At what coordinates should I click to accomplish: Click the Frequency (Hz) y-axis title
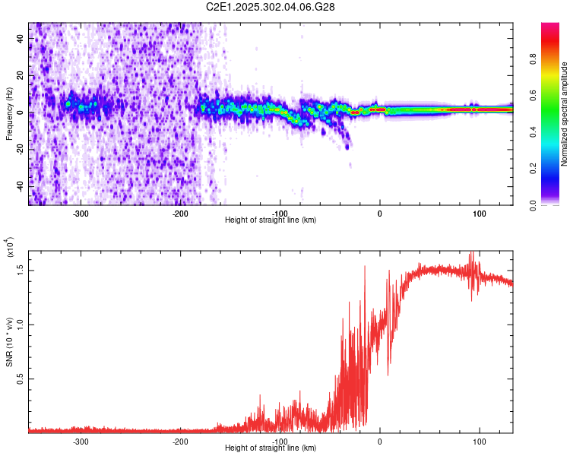(x=9, y=113)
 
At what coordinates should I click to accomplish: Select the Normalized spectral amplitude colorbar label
(x=565, y=113)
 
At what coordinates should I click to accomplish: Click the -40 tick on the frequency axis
(x=19, y=185)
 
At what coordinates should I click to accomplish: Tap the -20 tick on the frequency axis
(x=19, y=149)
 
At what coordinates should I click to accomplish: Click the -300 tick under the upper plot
(x=81, y=214)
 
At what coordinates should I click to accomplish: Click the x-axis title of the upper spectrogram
(x=271, y=220)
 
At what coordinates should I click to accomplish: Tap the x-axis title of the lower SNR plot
(x=271, y=448)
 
